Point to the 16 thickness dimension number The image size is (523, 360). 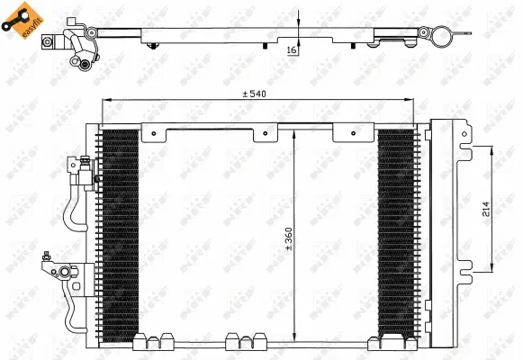pyautogui.click(x=291, y=50)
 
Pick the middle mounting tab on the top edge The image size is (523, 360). pyautogui.click(x=265, y=133)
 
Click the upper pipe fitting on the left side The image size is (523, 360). pyautogui.click(x=84, y=173)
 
